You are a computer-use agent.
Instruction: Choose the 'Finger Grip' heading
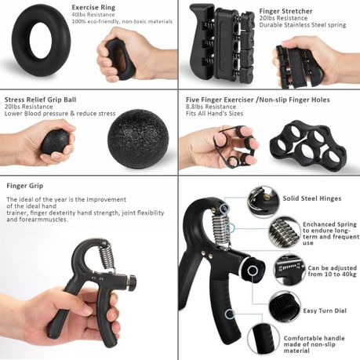(x=24, y=187)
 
